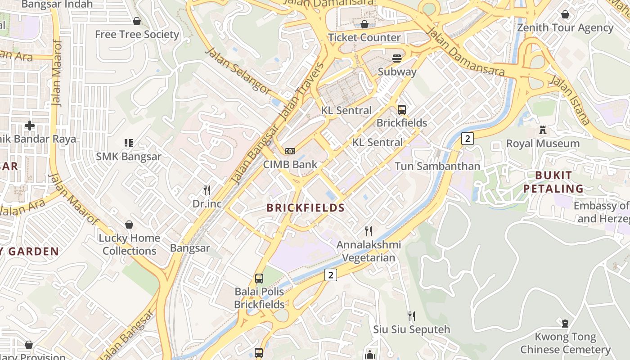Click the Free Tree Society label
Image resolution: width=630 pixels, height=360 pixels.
coord(137,35)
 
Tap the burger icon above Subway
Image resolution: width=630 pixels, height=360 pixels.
coord(397,58)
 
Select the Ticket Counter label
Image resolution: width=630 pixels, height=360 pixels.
coord(364,37)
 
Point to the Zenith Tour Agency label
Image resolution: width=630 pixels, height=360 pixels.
coord(565,28)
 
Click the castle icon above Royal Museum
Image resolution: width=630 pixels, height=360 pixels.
coord(543,130)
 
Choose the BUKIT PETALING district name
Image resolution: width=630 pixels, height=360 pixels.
coord(553,182)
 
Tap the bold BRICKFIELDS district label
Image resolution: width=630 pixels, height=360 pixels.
coord(305,208)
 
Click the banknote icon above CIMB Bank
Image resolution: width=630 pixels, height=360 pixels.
coord(290,151)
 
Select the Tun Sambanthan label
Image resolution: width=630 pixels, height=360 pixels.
coord(437,166)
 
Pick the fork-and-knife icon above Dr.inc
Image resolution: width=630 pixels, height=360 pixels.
coord(207,190)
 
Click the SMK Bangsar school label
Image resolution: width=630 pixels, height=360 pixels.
coord(129,157)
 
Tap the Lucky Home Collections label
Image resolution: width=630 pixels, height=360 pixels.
coord(129,244)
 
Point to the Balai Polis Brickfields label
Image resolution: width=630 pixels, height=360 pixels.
coord(259,298)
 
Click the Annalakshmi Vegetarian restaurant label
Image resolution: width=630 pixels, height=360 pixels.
coord(369,252)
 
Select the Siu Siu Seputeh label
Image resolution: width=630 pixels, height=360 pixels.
coord(411,329)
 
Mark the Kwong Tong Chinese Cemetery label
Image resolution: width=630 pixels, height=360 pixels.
coord(565,343)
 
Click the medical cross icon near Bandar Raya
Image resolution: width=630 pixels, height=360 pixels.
coord(30,126)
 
